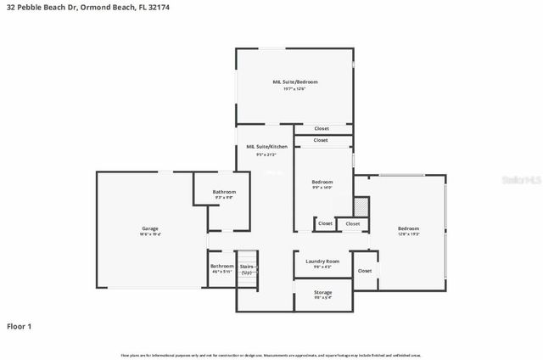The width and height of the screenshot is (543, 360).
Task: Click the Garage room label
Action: click(149, 228)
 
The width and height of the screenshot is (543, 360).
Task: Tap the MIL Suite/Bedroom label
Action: click(294, 82)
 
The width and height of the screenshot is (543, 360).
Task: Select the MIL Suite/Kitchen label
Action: click(266, 147)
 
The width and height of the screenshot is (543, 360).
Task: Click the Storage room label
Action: click(323, 292)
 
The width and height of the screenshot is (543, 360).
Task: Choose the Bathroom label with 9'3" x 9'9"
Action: click(224, 192)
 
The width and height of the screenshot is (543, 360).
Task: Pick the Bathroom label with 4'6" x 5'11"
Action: click(221, 266)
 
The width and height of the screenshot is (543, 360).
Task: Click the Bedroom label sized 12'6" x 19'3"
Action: click(409, 228)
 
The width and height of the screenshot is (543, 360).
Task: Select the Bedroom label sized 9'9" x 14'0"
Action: click(322, 182)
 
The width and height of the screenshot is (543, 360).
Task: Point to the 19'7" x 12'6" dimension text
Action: click(294, 89)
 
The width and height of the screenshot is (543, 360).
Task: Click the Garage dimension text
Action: click(149, 235)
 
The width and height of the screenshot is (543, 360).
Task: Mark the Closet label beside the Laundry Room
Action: click(365, 271)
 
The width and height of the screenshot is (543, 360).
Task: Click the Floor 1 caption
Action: click(20, 326)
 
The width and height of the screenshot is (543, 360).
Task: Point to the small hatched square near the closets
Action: click(361, 206)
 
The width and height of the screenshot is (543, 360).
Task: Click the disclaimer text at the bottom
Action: click(271, 355)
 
